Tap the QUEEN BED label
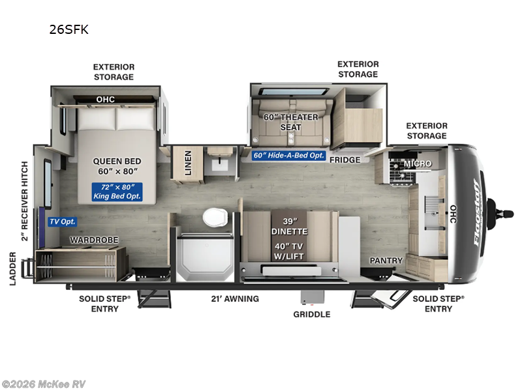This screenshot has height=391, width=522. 117,167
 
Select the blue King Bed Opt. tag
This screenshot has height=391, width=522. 117,192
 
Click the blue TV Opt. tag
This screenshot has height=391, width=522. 63,222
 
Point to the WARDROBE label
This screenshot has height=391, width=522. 95,240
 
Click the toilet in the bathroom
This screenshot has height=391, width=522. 213,218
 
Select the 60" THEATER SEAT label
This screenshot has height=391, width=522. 290,122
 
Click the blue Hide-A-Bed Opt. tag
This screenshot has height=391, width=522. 288,155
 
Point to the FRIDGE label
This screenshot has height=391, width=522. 345,160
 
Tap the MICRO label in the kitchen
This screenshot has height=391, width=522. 418,163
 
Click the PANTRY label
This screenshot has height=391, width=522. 386,261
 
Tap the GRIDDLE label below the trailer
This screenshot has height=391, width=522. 311,314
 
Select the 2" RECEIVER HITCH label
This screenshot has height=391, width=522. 25,201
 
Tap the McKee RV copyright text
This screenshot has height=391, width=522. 44,384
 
